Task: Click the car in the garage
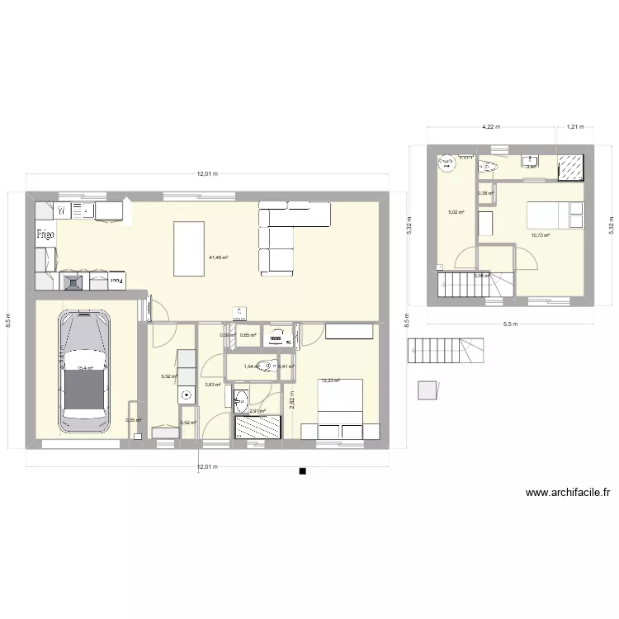click(x=83, y=371)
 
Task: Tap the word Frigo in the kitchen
click(x=45, y=234)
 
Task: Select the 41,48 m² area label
click(x=218, y=258)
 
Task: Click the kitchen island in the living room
click(x=191, y=248)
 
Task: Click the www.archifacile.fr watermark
click(x=567, y=494)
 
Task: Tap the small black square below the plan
click(x=303, y=471)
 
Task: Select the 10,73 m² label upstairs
click(x=541, y=235)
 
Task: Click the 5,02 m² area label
click(x=456, y=212)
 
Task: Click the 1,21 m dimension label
click(x=574, y=127)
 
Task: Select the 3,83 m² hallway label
click(x=212, y=385)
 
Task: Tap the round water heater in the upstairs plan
click(x=447, y=163)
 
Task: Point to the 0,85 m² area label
click(x=248, y=335)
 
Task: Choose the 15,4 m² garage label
click(x=85, y=370)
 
